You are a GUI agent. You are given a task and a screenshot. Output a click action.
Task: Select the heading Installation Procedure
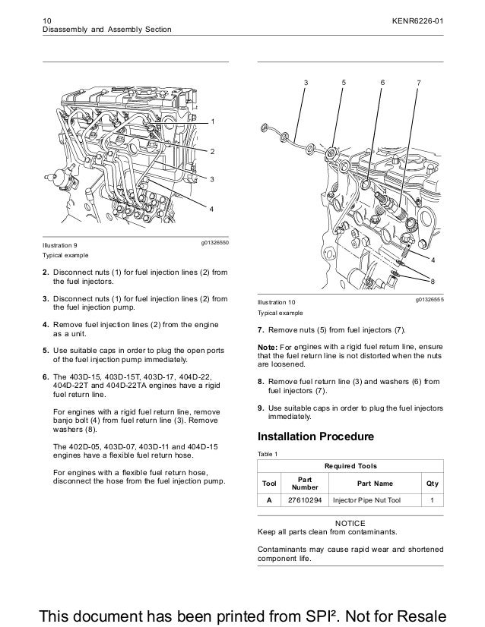[x=315, y=437]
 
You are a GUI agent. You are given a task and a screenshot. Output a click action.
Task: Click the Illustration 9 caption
[x=60, y=245]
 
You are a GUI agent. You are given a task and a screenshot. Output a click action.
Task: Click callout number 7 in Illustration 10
[x=419, y=81]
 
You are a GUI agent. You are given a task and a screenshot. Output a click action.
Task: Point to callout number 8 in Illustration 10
[x=433, y=281]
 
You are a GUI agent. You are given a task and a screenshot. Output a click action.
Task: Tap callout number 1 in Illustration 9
[x=213, y=122]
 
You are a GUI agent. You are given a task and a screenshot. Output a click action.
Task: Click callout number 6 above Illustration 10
[x=382, y=81]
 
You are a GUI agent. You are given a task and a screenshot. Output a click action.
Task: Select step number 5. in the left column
[x=46, y=351]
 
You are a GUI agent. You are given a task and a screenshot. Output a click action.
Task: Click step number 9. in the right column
[x=262, y=408]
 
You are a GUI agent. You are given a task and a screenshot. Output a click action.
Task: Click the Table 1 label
[x=269, y=453]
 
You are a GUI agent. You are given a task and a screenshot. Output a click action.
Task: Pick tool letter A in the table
[x=269, y=501]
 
